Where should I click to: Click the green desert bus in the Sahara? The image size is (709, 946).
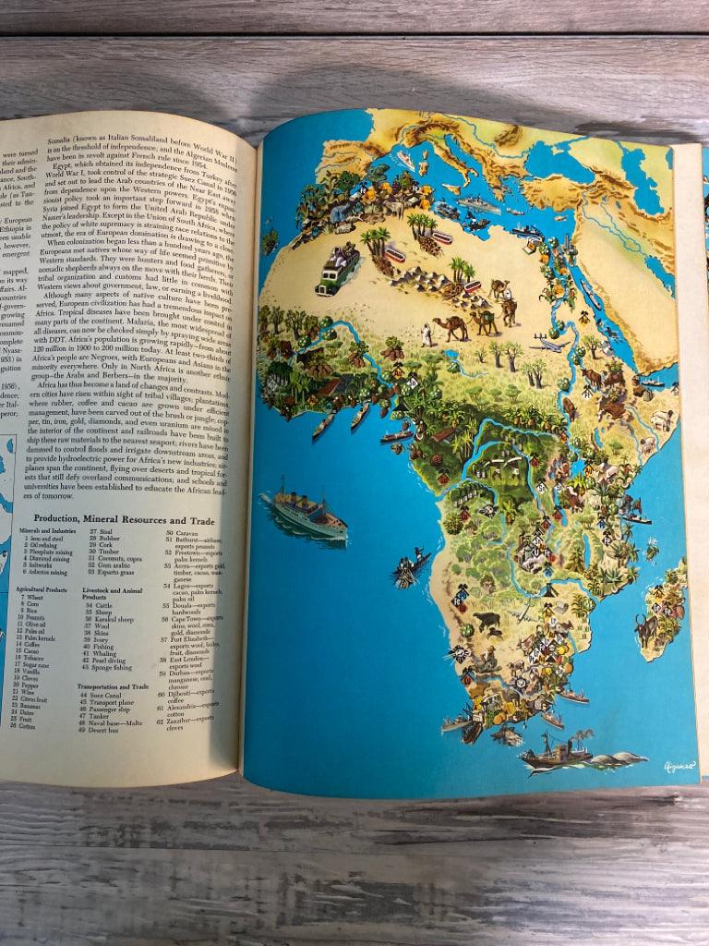pyautogui.click(x=337, y=270)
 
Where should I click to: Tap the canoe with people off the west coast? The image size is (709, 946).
pyautogui.click(x=411, y=564)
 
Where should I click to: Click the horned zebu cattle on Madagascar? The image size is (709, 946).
pyautogui.click(x=647, y=629)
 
